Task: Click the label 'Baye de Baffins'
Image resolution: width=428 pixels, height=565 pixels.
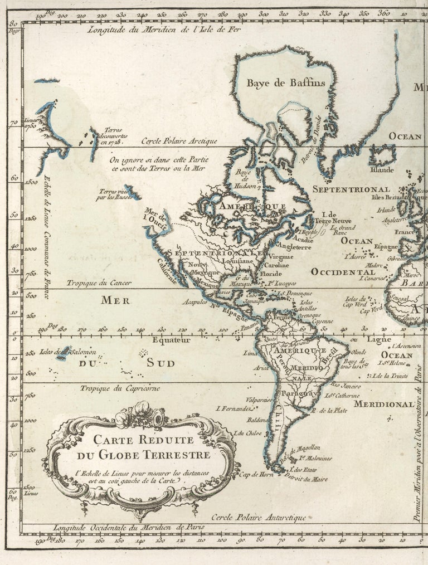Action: click(x=285, y=83)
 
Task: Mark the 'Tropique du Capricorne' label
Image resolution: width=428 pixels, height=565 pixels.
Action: click(x=119, y=388)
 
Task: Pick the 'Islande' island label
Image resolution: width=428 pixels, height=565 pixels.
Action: click(x=382, y=169)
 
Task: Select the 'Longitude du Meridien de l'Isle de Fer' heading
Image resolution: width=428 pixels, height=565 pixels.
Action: click(x=166, y=30)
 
